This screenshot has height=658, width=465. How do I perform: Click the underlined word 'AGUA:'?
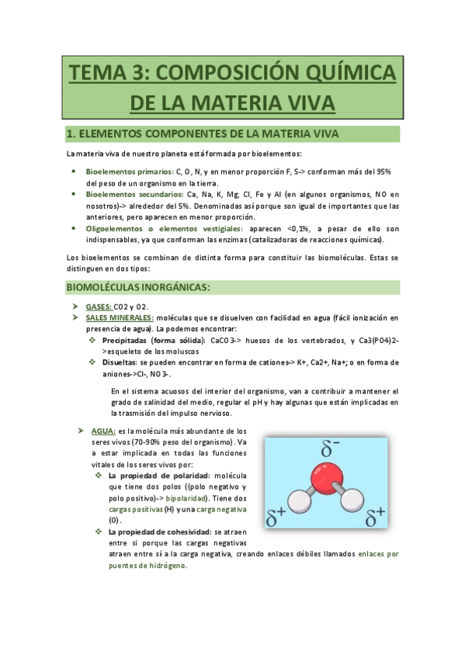pos(103,431)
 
